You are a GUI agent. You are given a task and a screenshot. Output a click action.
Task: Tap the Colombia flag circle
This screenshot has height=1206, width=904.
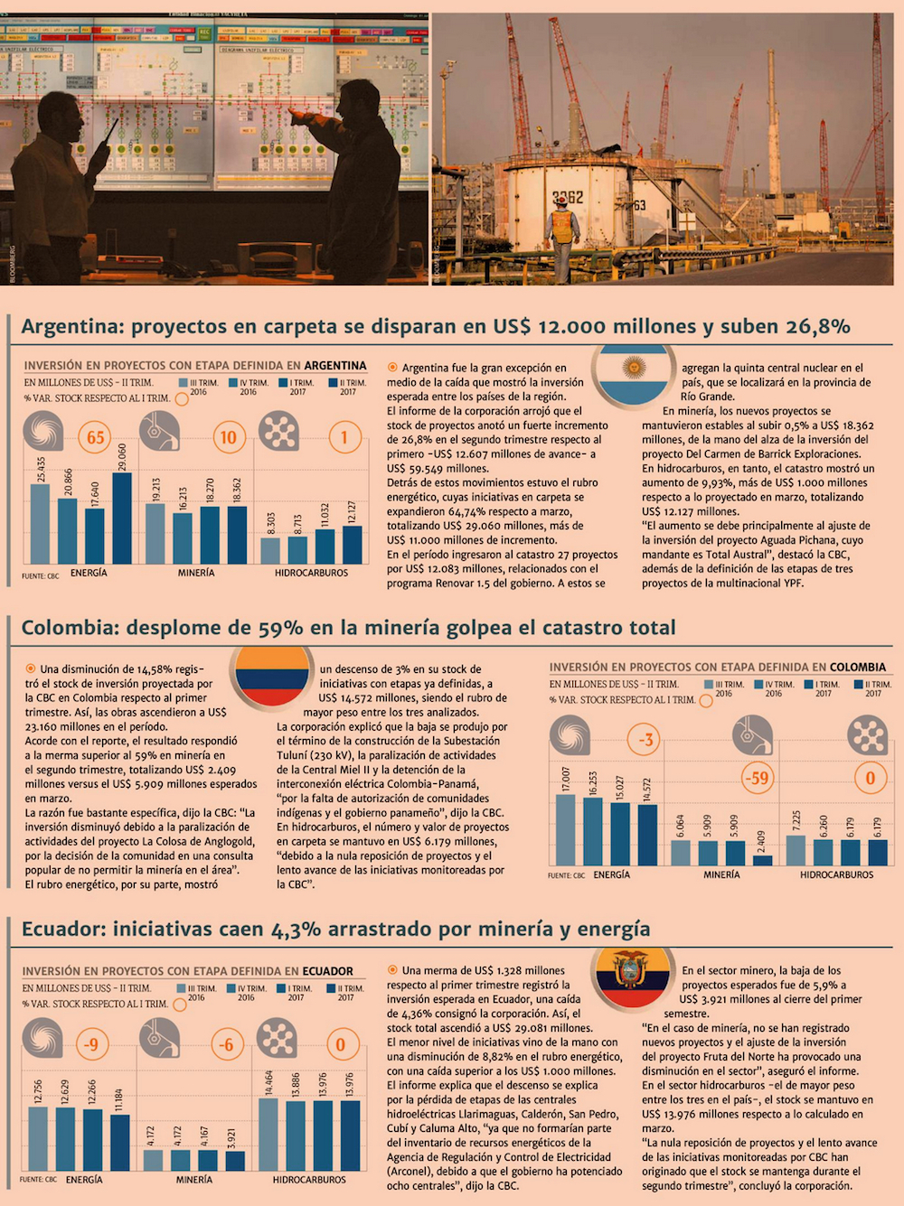click(272, 675)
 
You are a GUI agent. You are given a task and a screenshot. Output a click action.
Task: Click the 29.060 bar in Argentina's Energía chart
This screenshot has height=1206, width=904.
click(122, 518)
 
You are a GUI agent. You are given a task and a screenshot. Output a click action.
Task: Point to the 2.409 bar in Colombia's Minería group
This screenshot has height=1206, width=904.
click(762, 860)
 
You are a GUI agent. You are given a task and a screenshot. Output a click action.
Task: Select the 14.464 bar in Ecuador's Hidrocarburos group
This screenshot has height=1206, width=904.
click(268, 1134)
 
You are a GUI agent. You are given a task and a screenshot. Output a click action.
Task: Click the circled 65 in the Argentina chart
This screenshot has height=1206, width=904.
click(96, 438)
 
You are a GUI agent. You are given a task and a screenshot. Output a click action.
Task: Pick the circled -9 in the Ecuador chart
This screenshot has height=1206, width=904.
click(90, 1044)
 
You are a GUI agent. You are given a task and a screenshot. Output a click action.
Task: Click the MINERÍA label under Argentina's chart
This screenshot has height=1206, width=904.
click(196, 573)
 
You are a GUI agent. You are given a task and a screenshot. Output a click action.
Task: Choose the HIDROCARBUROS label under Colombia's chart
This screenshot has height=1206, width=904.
click(836, 874)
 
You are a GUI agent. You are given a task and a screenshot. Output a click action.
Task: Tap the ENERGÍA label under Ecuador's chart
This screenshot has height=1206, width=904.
click(84, 1179)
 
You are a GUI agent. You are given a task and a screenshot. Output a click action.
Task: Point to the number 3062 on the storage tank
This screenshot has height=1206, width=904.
click(568, 197)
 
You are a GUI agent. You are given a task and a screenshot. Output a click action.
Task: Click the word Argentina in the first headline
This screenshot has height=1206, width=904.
click(71, 326)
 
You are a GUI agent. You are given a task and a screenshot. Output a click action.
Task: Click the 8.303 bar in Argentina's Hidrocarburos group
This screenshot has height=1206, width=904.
click(270, 550)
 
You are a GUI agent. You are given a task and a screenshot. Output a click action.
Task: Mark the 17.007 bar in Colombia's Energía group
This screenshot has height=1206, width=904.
click(566, 829)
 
